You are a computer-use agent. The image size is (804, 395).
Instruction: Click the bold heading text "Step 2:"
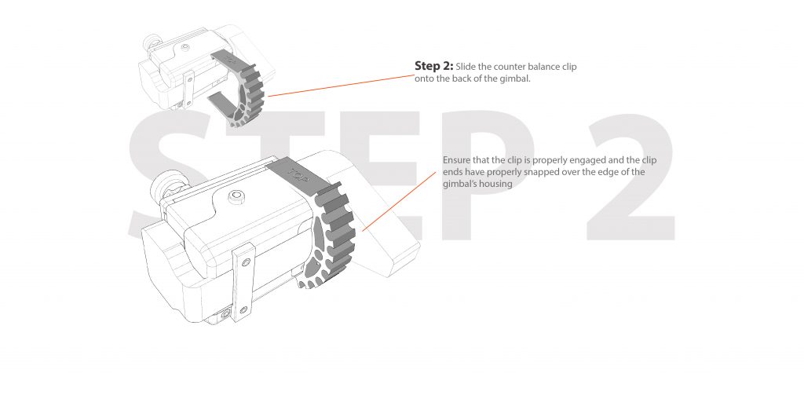click(x=433, y=66)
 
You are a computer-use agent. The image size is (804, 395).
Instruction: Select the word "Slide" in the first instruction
click(x=466, y=67)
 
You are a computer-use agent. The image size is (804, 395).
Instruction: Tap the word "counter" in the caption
click(x=510, y=68)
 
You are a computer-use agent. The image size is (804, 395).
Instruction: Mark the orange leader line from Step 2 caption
click(x=341, y=86)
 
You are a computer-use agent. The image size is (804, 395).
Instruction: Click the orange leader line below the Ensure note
click(x=399, y=202)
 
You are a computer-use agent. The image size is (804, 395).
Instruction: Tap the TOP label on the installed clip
click(x=297, y=173)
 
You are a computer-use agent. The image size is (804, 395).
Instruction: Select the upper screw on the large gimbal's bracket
click(x=246, y=262)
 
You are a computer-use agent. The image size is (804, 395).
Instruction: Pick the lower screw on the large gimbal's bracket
click(x=243, y=310)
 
